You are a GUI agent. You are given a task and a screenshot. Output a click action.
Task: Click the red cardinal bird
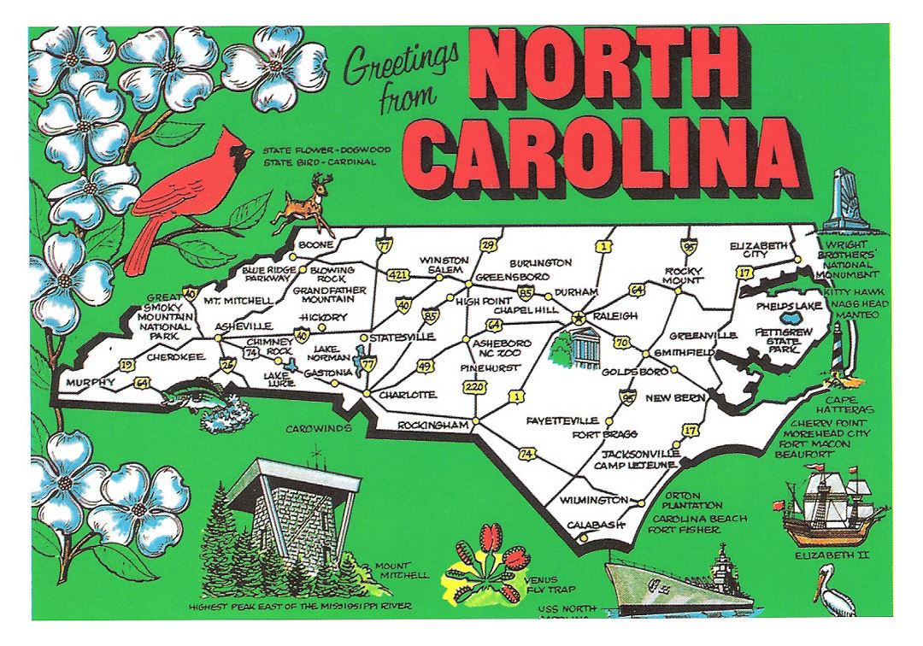pyautogui.click(x=184, y=192)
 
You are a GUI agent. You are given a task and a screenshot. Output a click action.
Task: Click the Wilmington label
pyautogui.click(x=589, y=499)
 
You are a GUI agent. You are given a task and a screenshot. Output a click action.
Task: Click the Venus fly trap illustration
pyautogui.click(x=480, y=565)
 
